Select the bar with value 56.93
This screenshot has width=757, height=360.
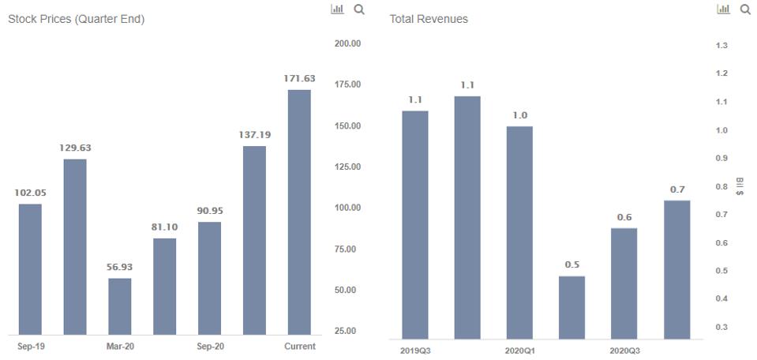(x=120, y=306)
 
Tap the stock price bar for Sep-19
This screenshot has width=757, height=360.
(x=30, y=269)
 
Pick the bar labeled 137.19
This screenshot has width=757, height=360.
(x=254, y=240)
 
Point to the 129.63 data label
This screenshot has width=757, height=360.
(x=75, y=148)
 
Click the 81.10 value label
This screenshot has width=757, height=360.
(x=164, y=227)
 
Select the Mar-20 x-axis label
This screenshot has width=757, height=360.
(x=120, y=347)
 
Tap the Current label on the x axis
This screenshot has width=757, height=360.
(x=299, y=347)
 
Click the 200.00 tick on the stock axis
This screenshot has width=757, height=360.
(x=347, y=43)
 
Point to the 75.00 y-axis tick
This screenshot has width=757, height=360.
(x=347, y=249)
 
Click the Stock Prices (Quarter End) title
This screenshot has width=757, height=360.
(x=76, y=19)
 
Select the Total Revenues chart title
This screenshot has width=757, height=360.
(x=429, y=19)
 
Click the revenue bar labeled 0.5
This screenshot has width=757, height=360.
(x=572, y=307)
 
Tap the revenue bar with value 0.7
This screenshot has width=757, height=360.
(x=677, y=269)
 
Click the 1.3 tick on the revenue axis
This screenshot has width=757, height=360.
(x=721, y=46)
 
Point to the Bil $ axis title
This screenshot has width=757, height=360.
(x=740, y=186)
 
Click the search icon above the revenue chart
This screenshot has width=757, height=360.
(x=745, y=9)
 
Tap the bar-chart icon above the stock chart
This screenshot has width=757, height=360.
(x=338, y=9)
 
